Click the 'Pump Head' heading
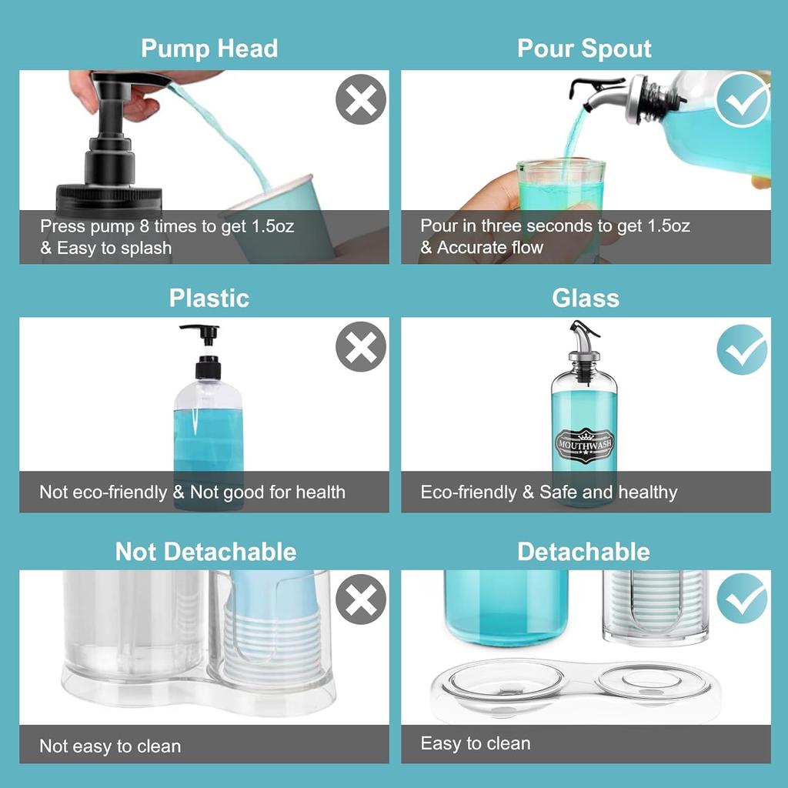(x=209, y=48)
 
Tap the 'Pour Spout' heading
(x=584, y=48)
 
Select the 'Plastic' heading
(x=209, y=298)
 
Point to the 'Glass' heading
(x=586, y=298)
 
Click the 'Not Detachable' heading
(x=205, y=551)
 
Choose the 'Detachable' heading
(x=583, y=551)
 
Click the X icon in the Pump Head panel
(x=360, y=100)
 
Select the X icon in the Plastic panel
(x=360, y=347)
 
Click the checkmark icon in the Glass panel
(x=742, y=349)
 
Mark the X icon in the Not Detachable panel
(x=360, y=599)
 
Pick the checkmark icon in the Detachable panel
(x=742, y=599)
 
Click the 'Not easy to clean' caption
(x=110, y=746)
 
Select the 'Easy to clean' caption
(x=476, y=743)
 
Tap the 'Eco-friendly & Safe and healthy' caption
(x=549, y=492)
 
